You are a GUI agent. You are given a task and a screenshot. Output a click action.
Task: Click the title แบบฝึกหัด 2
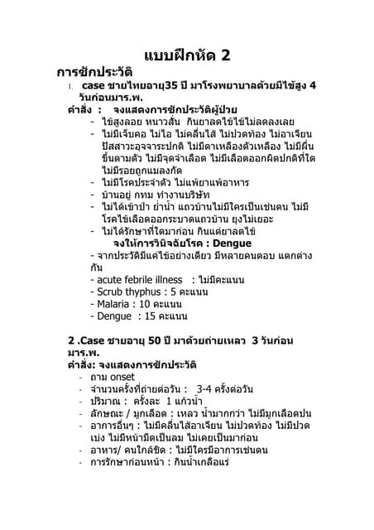[x=187, y=56]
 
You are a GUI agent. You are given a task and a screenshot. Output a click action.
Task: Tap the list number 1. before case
[x=73, y=87]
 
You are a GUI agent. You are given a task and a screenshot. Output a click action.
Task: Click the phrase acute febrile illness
[x=134, y=280]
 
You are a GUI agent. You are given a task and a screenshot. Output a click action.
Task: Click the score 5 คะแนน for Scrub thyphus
[x=189, y=292]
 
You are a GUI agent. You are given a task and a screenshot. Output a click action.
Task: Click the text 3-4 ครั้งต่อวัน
[x=225, y=389]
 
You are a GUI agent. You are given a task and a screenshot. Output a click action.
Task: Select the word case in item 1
[x=94, y=86]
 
